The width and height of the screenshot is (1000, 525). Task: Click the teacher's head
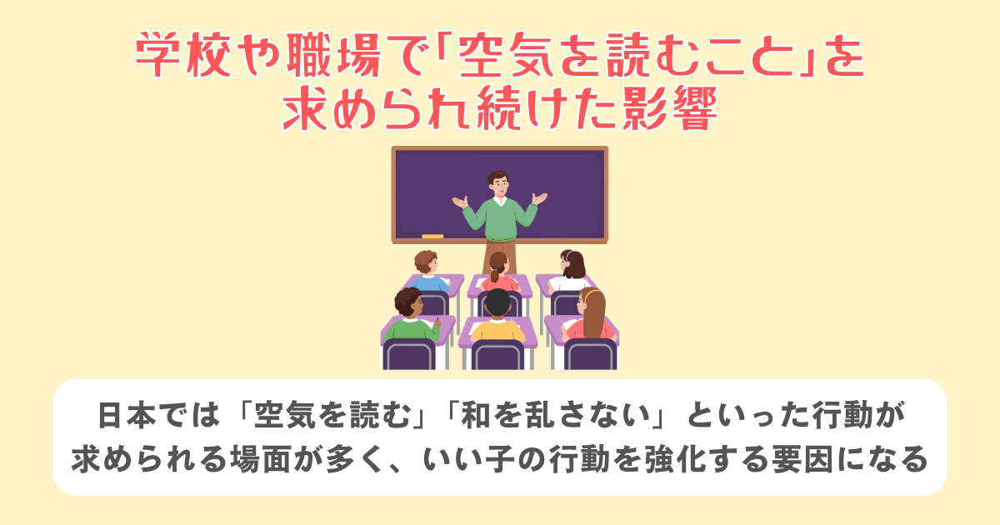497,182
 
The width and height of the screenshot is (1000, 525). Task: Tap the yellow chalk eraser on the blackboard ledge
432,236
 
